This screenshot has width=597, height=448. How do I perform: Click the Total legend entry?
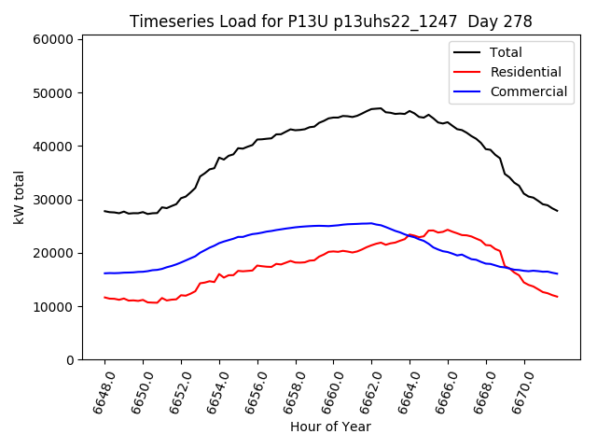(x=507, y=52)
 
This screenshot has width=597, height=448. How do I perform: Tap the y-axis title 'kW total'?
(x=20, y=197)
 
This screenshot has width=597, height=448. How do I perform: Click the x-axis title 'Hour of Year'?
(x=330, y=427)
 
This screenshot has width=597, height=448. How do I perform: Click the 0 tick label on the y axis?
(x=70, y=360)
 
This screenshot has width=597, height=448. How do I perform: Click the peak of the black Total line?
(x=380, y=108)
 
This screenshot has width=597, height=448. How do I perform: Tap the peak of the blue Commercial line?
(x=371, y=223)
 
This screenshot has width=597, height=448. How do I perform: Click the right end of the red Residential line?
(x=557, y=297)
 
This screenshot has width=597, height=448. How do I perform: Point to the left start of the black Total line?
(x=104, y=211)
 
